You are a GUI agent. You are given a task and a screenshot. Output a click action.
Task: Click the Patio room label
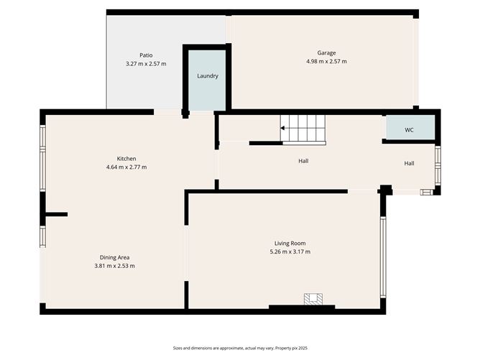146,55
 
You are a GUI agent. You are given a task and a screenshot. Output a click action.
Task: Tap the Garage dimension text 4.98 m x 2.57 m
326,61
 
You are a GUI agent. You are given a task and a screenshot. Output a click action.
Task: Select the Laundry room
208,76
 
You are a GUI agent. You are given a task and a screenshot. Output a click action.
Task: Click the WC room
409,129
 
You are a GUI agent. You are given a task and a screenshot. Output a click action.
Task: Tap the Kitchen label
126,159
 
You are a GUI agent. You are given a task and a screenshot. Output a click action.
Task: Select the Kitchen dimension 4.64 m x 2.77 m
126,167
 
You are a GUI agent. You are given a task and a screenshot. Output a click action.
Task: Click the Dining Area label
114,257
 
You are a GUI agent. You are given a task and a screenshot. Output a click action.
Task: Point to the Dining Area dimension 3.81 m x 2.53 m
114,266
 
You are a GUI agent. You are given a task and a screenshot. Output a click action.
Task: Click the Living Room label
290,244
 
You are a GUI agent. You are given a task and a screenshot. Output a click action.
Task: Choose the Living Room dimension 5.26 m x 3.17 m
290,252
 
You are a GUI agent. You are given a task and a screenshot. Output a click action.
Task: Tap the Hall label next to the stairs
303,161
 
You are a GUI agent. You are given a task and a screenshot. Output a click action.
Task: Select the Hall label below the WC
409,163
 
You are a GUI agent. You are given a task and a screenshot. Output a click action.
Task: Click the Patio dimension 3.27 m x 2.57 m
146,64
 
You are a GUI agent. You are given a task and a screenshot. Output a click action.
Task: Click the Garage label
326,52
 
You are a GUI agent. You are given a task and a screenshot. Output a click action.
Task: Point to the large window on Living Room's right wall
383,257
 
